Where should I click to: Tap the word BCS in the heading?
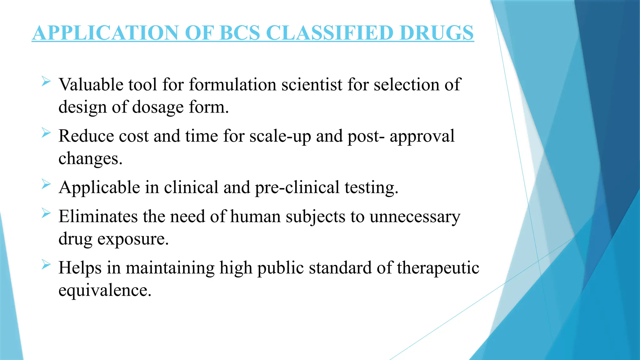point(240,33)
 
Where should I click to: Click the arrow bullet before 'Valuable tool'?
point(46,82)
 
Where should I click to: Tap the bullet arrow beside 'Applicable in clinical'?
point(46,184)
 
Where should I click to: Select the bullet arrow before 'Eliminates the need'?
point(46,213)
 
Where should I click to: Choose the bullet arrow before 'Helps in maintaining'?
point(46,265)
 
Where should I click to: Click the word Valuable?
point(91,85)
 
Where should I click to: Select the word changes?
point(90,159)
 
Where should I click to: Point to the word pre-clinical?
point(297,187)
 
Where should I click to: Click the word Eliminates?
point(98,217)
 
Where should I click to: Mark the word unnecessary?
point(415,217)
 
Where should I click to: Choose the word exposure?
point(133,239)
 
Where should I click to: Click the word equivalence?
point(105,290)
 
